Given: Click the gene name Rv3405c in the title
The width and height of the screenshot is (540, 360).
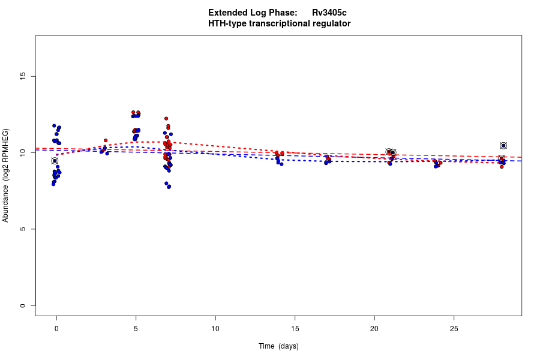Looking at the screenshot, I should click(329, 13).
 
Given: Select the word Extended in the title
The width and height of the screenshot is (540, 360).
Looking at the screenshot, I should click(227, 13).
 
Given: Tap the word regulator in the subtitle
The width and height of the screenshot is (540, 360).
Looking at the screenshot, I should click(329, 23).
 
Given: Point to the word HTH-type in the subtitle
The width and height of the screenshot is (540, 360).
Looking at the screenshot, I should click(225, 23).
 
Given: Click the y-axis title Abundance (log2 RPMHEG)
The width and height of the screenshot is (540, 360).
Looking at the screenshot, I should click(6, 175).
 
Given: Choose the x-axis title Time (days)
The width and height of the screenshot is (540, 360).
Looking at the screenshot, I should click(278, 346).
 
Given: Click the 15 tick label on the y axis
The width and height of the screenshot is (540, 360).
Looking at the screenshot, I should click(23, 76).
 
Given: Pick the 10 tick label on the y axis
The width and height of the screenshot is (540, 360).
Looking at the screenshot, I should click(23, 153).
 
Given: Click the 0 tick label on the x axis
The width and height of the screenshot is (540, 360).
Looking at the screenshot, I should click(56, 328).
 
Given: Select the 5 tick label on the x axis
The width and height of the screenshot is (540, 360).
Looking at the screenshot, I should click(136, 328).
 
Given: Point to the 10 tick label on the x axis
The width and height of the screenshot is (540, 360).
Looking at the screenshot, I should click(215, 328).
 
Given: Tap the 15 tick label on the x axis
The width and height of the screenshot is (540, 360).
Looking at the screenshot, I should click(295, 328).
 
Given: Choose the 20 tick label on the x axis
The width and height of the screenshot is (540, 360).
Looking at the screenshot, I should click(374, 328).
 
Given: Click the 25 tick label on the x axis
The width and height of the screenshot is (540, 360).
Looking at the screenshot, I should click(454, 328).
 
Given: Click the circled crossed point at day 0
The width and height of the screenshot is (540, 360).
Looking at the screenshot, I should click(55, 161).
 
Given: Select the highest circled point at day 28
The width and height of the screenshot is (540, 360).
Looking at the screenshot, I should click(503, 146).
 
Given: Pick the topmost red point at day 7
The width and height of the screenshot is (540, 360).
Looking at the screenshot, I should click(166, 119).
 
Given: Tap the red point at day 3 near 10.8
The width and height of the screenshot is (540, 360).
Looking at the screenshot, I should click(106, 140).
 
